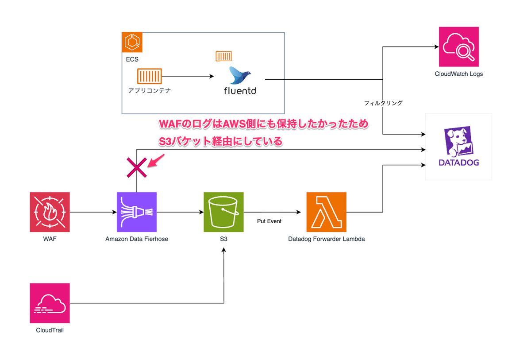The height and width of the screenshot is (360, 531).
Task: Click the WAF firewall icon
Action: (50, 212)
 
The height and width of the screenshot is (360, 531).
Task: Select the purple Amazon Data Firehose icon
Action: (137, 212)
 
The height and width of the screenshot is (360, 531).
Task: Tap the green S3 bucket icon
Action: (223, 212)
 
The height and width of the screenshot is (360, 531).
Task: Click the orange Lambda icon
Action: (327, 212)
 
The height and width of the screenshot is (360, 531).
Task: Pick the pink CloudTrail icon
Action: (50, 303)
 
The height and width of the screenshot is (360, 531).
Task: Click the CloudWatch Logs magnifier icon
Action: (459, 46)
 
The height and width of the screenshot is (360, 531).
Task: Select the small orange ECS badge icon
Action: (131, 42)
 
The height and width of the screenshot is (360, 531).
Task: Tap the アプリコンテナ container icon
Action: (150, 76)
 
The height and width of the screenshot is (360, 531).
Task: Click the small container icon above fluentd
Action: (223, 56)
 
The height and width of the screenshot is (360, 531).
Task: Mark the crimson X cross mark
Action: (137, 167)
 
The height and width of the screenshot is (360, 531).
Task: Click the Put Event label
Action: (269, 221)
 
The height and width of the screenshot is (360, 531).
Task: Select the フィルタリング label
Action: (383, 103)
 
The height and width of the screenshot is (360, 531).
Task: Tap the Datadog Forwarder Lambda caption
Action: (327, 239)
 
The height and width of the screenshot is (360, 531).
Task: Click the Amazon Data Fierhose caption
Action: (137, 239)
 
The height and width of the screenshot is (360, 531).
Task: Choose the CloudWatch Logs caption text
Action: (459, 74)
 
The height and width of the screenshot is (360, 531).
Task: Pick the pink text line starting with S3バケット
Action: (221, 142)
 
